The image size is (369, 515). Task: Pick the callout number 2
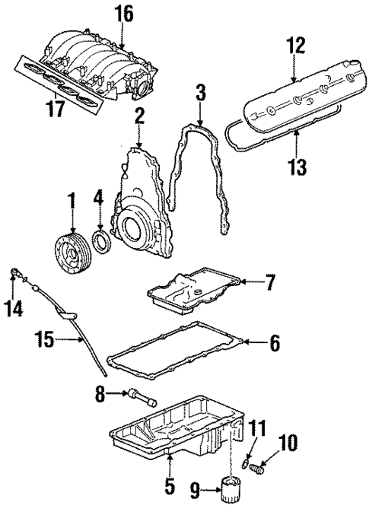139,116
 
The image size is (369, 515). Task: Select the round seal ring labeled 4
100,243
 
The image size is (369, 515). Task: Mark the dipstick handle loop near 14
14,272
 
